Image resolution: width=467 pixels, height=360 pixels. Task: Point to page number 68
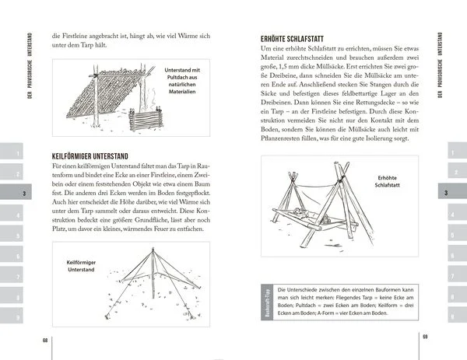click(x=44, y=340)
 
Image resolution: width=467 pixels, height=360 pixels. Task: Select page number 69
click(x=424, y=336)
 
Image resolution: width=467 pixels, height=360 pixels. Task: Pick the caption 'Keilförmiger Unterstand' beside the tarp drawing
click(x=74, y=267)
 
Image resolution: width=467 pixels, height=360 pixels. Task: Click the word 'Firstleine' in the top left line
click(x=79, y=35)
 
